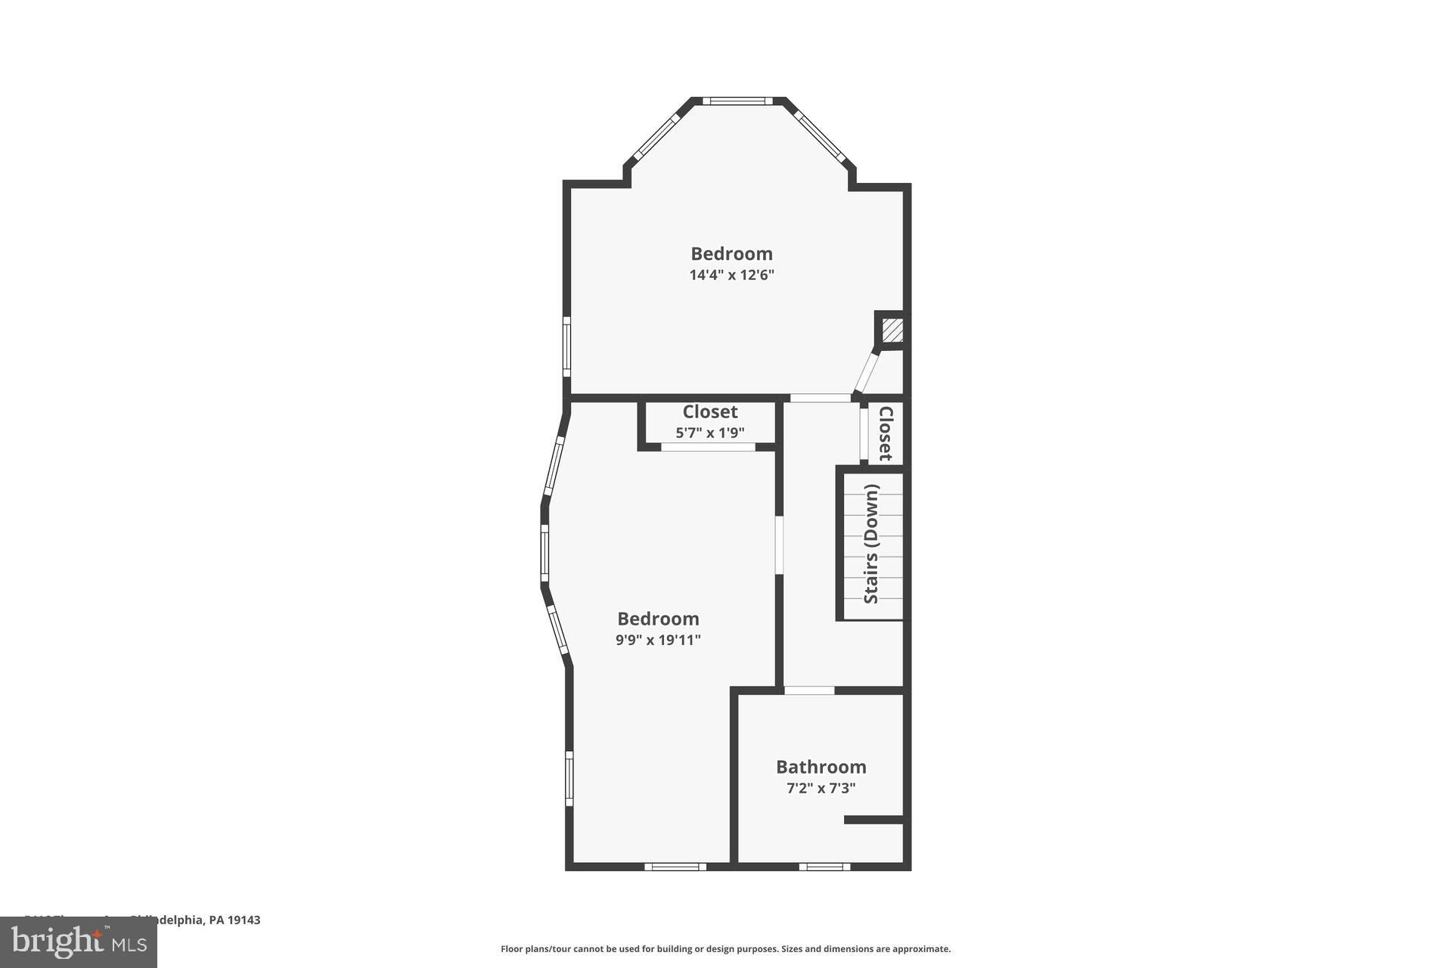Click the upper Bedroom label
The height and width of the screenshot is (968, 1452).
click(731, 253)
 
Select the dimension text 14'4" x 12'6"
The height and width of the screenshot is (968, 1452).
click(731, 275)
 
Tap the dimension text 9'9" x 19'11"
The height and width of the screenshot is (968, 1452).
click(658, 640)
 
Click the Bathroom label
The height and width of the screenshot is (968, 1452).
click(821, 767)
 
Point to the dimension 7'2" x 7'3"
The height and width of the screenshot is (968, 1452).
click(821, 788)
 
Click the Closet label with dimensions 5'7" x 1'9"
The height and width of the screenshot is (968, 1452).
click(709, 412)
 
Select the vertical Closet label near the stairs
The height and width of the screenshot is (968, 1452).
click(886, 433)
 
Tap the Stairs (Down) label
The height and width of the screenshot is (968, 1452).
click(871, 544)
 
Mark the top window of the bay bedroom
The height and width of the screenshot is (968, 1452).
click(737, 101)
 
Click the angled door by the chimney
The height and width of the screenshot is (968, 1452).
click(866, 371)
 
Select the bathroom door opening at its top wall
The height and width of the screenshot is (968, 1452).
click(808, 690)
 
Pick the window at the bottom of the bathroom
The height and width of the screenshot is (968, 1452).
click(824, 867)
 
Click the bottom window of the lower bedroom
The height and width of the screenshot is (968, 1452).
click(675, 867)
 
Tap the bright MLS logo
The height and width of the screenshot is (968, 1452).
click(79, 942)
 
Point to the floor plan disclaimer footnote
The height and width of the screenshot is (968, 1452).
click(725, 949)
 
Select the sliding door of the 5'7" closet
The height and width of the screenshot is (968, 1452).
click(709, 447)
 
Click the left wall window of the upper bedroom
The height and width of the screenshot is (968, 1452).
click(566, 346)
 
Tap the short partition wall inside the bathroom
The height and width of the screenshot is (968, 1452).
click(873, 820)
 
